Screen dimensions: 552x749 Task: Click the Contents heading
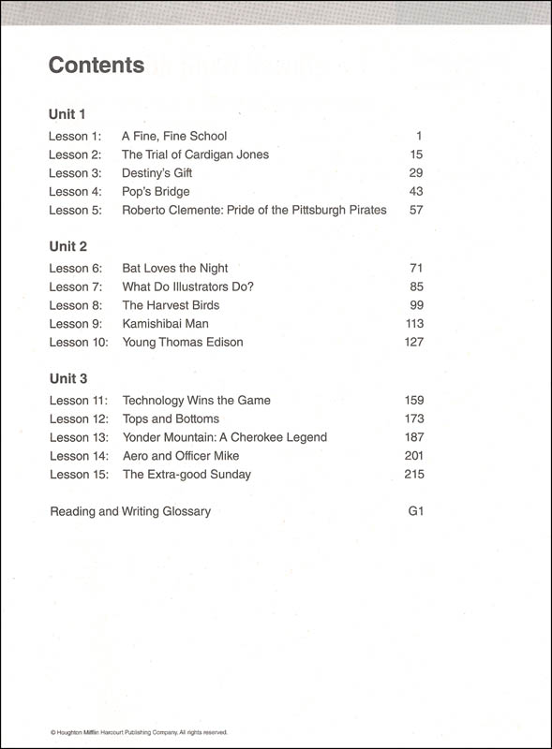pyautogui.click(x=97, y=66)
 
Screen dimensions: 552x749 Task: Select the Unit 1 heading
pyautogui.click(x=67, y=114)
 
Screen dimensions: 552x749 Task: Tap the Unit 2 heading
pyautogui.click(x=67, y=246)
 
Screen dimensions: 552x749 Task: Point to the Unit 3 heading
pyautogui.click(x=67, y=378)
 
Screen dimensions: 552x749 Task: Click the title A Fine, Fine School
pyautogui.click(x=174, y=137)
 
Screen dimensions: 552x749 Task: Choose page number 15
pyautogui.click(x=417, y=154)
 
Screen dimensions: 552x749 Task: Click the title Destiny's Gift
pyautogui.click(x=157, y=173)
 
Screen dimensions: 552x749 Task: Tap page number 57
pyautogui.click(x=416, y=210)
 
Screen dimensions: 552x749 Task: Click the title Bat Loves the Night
pyautogui.click(x=175, y=269)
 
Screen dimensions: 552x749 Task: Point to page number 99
pyautogui.click(x=416, y=305)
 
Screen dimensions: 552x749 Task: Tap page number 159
pyautogui.click(x=413, y=401)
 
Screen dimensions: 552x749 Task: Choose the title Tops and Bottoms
pyautogui.click(x=171, y=419)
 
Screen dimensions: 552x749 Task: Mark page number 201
pyautogui.click(x=413, y=456)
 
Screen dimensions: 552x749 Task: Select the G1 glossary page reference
pyautogui.click(x=416, y=511)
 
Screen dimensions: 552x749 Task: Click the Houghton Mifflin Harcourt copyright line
pyautogui.click(x=138, y=732)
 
